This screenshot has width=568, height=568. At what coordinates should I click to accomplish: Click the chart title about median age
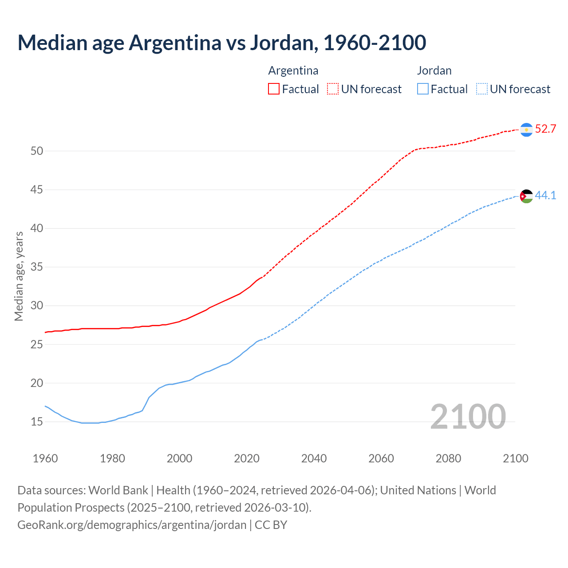[x=221, y=43]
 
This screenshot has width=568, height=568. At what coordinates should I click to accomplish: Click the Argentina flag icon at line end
[x=526, y=129]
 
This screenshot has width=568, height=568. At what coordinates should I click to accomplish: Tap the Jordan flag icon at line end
[x=526, y=196]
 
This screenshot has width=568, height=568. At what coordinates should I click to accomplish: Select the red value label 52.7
[x=545, y=129]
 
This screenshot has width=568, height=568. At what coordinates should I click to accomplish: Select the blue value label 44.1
[x=545, y=196]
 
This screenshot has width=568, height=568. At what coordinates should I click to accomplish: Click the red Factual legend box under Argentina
[x=274, y=89]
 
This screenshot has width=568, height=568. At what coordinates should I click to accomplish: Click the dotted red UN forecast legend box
[x=333, y=89]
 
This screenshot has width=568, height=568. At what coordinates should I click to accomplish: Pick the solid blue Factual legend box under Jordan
[x=423, y=89]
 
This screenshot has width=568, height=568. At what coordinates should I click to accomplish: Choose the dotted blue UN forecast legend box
[x=481, y=89]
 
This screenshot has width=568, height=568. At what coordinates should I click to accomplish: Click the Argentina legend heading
[x=293, y=71]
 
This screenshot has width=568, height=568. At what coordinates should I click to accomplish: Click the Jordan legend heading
[x=434, y=71]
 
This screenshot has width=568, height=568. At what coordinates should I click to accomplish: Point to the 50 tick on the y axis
[x=37, y=151]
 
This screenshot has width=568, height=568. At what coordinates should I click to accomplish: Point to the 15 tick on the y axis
[x=37, y=422]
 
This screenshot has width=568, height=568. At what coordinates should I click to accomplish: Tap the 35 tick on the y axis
[x=37, y=267]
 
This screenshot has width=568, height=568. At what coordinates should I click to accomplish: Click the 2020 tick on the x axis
[x=247, y=458]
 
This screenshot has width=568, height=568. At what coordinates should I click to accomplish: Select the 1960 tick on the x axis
[x=45, y=458]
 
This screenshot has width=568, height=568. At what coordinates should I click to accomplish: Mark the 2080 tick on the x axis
[x=448, y=458]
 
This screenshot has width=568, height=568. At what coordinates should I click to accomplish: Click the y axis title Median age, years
[x=19, y=276]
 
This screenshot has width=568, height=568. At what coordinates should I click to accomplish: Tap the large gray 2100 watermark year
[x=468, y=416]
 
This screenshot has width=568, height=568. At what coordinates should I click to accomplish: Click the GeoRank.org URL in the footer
[x=132, y=525]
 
